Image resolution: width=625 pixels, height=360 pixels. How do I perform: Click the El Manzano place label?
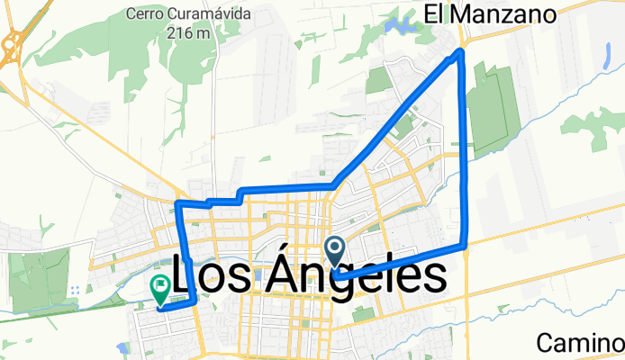490,13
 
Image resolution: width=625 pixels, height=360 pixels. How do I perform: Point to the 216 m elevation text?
188,33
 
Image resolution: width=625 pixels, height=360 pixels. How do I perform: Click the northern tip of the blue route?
461,52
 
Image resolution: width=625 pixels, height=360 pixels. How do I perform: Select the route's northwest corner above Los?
178,206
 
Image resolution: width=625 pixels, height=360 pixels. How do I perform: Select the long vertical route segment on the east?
466,153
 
